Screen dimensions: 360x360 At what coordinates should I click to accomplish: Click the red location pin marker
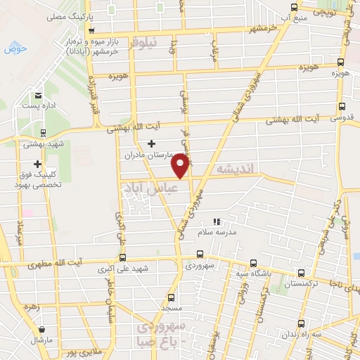click(x=181, y=165)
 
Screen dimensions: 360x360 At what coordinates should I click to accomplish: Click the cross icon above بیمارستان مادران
click(x=150, y=143)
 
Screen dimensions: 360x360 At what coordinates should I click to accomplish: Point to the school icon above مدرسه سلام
click(x=217, y=221)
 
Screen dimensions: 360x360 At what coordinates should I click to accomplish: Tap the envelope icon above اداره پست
click(x=39, y=96)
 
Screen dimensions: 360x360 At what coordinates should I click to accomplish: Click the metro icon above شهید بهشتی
click(x=44, y=132)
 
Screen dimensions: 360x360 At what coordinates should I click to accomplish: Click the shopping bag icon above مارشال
click(x=43, y=329)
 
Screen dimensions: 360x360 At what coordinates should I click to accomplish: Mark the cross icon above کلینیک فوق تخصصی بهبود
click(x=37, y=164)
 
